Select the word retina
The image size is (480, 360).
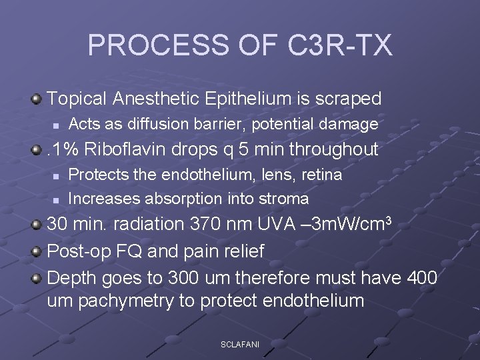pos(319,175)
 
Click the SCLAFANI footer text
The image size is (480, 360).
pos(240,344)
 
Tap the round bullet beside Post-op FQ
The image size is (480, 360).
pos(37,251)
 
